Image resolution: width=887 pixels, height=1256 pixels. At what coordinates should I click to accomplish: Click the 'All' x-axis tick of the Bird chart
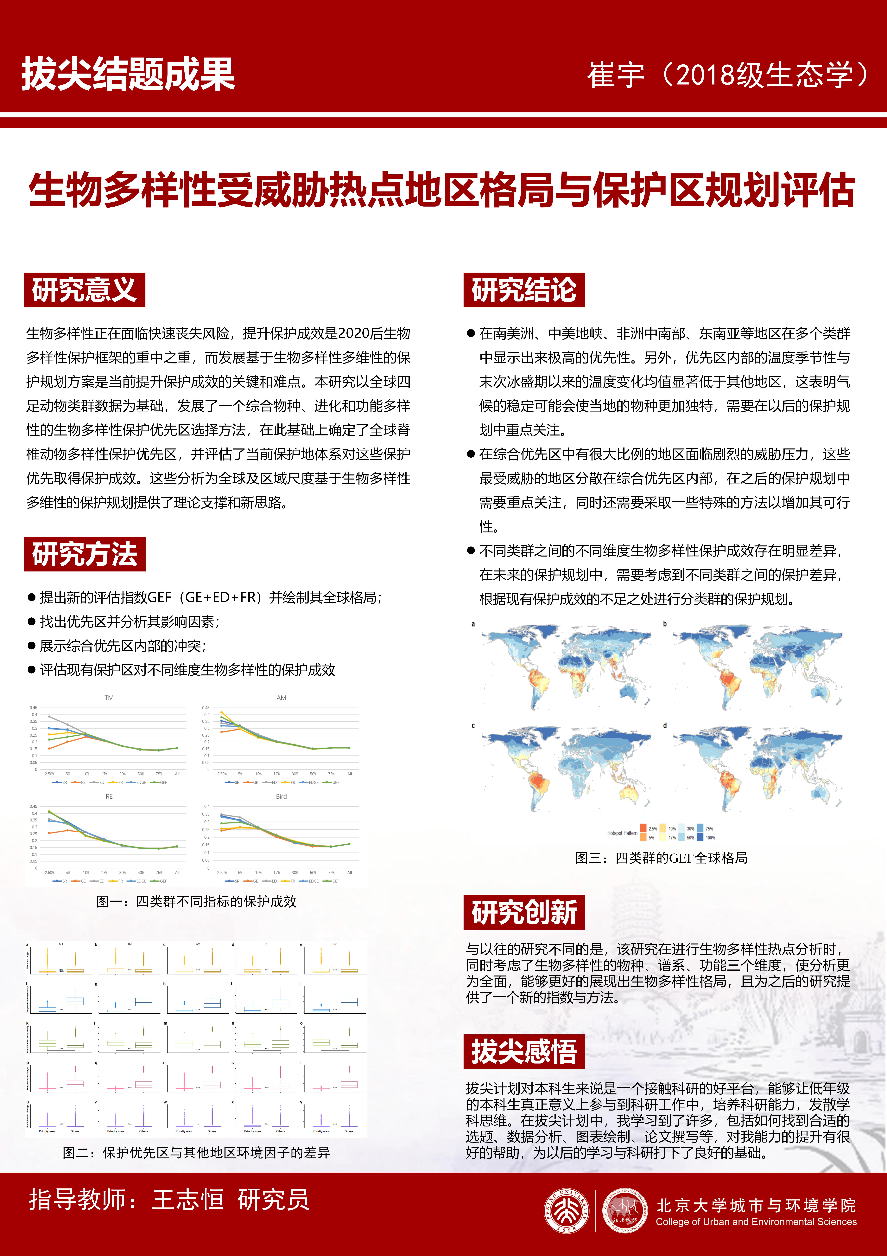point(349,873)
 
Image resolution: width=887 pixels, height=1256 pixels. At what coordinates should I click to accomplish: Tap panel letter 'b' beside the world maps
point(665,624)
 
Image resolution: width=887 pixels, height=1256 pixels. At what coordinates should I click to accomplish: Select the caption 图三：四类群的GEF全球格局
point(661,858)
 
